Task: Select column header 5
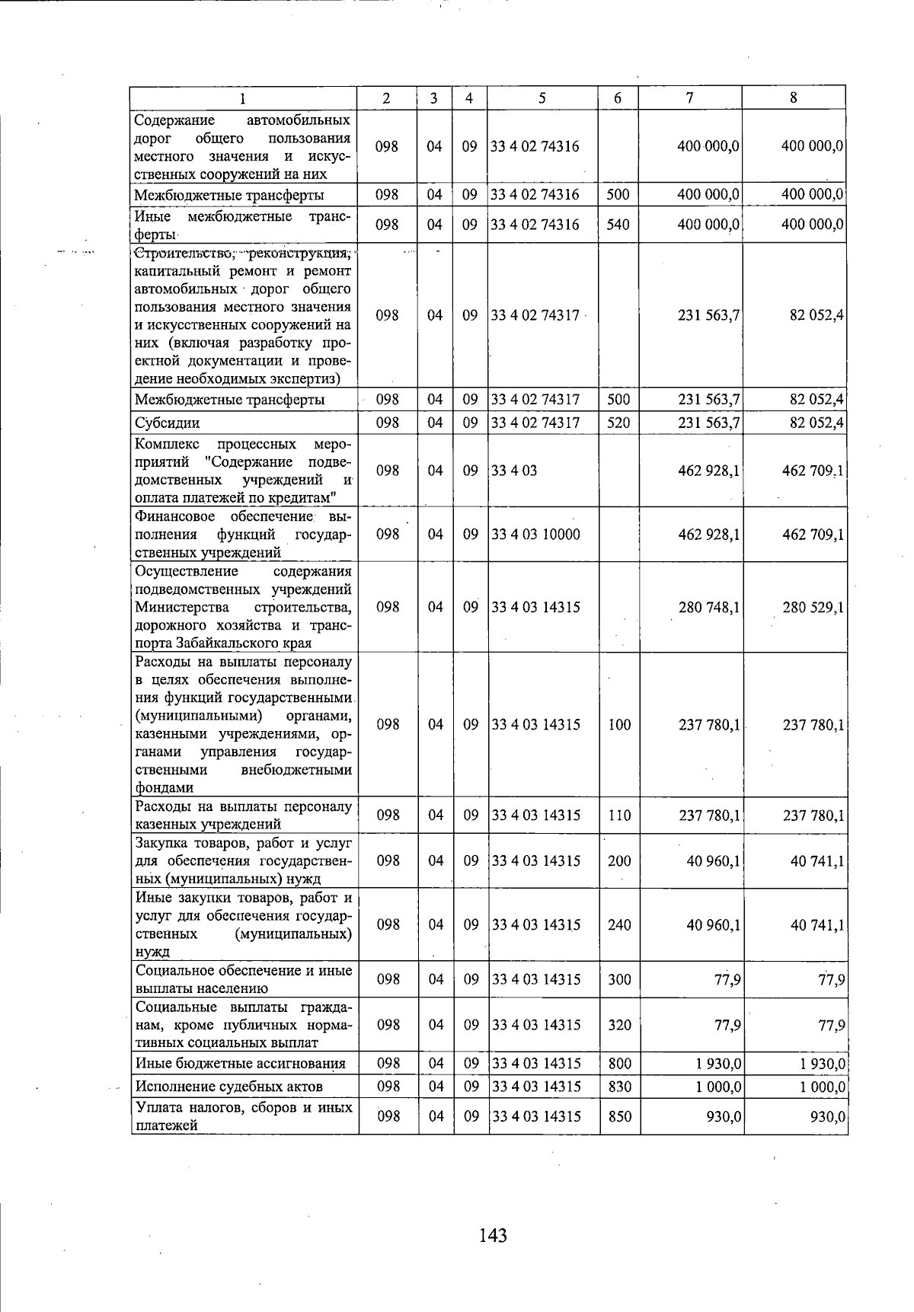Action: coord(542,97)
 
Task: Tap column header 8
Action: coord(794,97)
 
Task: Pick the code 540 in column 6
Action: coord(618,225)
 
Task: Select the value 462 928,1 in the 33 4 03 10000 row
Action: coord(708,535)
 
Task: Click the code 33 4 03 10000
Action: coord(535,535)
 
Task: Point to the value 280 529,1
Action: coord(813,608)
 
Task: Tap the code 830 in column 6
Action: coord(619,1087)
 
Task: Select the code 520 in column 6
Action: coord(618,423)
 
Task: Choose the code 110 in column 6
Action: coord(619,816)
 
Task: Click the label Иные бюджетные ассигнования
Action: coord(240,1064)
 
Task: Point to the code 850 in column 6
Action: coord(619,1116)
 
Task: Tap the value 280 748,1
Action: coord(708,608)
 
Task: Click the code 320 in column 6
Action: coord(619,1025)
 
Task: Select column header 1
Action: coord(242,97)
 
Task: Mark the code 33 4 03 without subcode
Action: coord(514,471)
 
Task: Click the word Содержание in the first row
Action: coord(174,120)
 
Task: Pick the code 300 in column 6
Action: coord(619,980)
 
